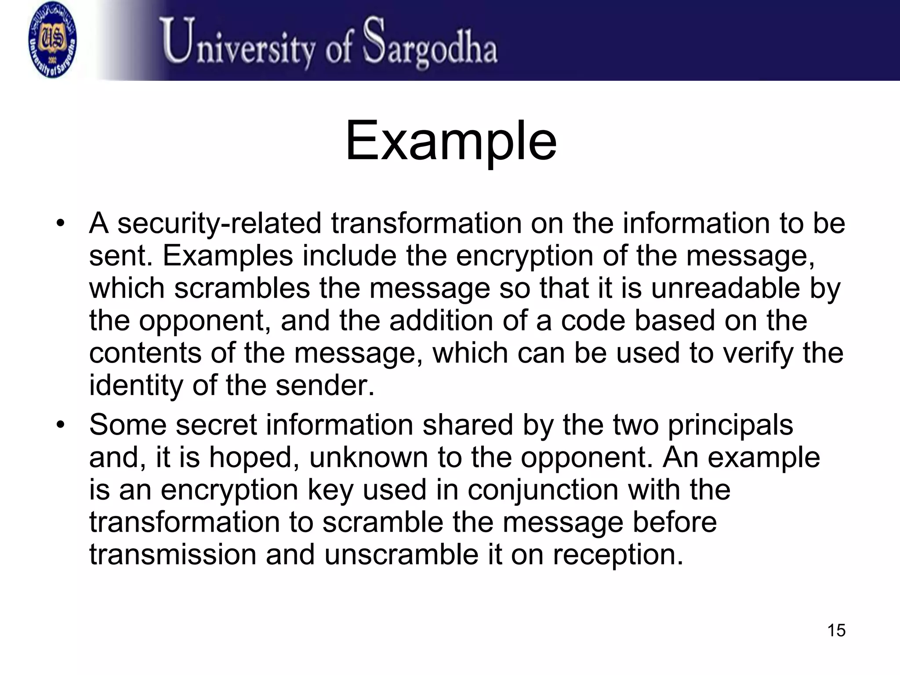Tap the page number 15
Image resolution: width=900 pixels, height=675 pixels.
point(836,630)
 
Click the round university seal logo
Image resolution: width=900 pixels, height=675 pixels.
point(52,40)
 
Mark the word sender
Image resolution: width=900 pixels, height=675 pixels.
point(325,385)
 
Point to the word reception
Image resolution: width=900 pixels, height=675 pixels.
point(618,555)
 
